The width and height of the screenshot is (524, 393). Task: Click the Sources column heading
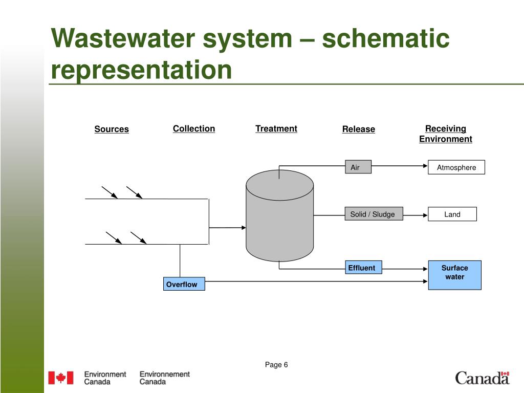(x=112, y=129)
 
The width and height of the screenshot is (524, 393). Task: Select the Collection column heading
(x=194, y=128)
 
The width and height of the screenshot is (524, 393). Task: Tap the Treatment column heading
(x=276, y=128)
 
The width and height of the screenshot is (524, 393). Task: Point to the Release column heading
(x=359, y=129)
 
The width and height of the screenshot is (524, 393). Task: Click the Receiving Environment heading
(x=446, y=134)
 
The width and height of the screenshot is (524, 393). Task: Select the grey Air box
(x=358, y=167)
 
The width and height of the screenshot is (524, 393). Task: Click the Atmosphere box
(x=456, y=167)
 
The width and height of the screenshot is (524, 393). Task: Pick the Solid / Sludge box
(x=374, y=214)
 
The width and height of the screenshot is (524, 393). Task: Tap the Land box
(x=452, y=214)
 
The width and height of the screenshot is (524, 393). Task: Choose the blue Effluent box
(x=363, y=267)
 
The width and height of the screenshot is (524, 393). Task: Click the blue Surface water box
(x=455, y=275)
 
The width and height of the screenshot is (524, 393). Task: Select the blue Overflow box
(x=184, y=283)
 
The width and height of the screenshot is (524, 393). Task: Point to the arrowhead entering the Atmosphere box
(x=425, y=166)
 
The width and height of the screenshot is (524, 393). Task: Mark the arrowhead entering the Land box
(x=425, y=215)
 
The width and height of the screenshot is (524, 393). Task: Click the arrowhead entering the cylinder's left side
(x=244, y=228)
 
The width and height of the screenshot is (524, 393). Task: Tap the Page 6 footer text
(x=276, y=364)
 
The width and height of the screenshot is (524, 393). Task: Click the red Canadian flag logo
(x=61, y=378)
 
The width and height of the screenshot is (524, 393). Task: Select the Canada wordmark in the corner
(x=482, y=378)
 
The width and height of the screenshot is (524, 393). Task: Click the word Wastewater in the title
(x=123, y=38)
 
